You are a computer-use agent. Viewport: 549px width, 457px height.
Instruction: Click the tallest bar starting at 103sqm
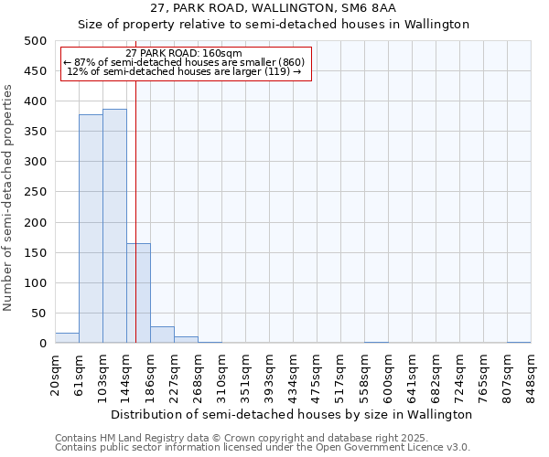point(114,226)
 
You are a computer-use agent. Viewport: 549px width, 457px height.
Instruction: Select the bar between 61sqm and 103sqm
point(91,228)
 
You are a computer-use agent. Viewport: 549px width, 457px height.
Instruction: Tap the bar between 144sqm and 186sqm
point(138,292)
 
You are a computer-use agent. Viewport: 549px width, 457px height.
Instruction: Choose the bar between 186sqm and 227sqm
point(162,335)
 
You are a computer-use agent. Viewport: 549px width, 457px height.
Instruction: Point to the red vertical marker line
point(135,210)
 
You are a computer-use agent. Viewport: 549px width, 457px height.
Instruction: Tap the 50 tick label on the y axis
point(38,314)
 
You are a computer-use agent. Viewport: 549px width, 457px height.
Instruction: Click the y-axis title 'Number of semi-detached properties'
point(8,197)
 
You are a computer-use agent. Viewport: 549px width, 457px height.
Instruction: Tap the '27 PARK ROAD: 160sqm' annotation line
point(184,53)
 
